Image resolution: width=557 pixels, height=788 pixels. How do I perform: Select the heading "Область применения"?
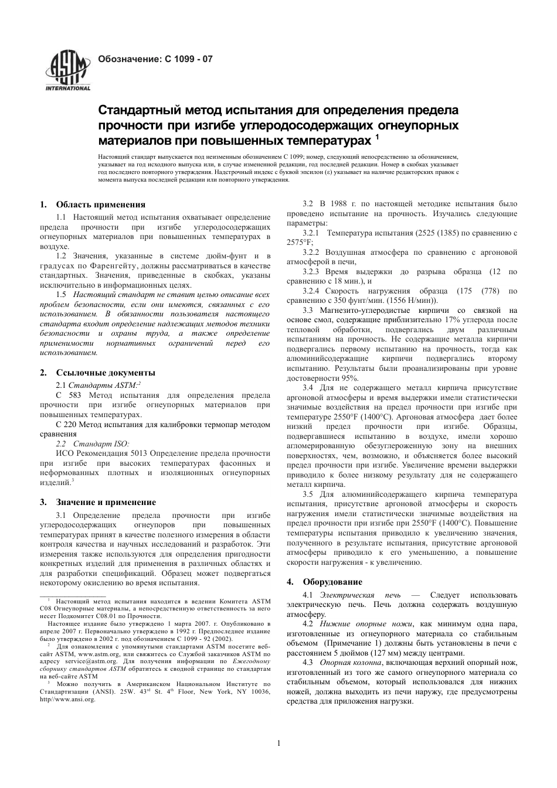101,204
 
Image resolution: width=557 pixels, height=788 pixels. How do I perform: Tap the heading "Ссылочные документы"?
106,373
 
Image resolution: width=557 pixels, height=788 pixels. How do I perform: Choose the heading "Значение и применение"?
106,502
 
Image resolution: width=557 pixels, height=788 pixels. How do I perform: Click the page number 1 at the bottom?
279,743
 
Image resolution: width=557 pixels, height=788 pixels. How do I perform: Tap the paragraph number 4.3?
309,661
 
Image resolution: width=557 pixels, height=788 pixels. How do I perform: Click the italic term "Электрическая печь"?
351,595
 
